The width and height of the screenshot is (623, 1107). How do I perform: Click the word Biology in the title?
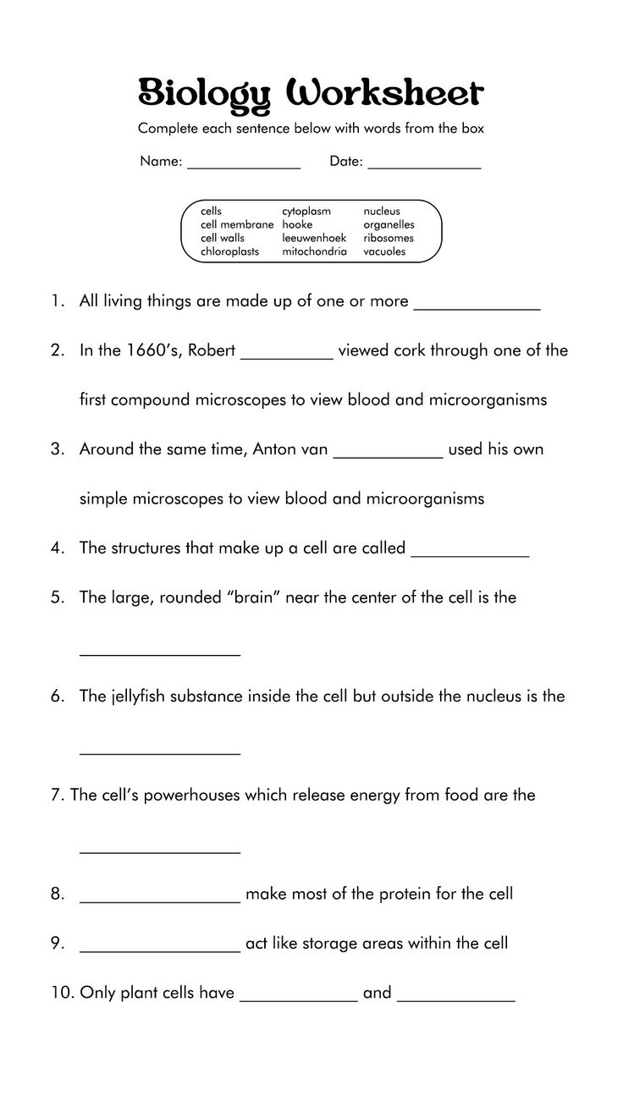(203, 94)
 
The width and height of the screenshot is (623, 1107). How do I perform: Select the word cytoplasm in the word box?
(306, 211)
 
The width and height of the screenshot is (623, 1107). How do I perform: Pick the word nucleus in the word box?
(382, 211)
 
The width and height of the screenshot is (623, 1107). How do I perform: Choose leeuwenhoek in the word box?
(314, 238)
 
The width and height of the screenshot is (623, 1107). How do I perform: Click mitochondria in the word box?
(314, 251)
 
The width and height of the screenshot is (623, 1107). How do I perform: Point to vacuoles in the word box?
(384, 251)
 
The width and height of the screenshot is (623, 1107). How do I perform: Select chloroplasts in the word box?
(229, 251)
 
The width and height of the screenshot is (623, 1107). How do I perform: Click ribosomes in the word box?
(389, 238)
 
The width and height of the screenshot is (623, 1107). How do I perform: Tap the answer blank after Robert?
(288, 357)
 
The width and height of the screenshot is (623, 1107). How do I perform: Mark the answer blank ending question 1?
(477, 308)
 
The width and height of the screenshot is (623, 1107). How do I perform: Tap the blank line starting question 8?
(160, 900)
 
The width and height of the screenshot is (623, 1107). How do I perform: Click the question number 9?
(57, 943)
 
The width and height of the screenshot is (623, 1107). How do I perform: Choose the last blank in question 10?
(455, 1000)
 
